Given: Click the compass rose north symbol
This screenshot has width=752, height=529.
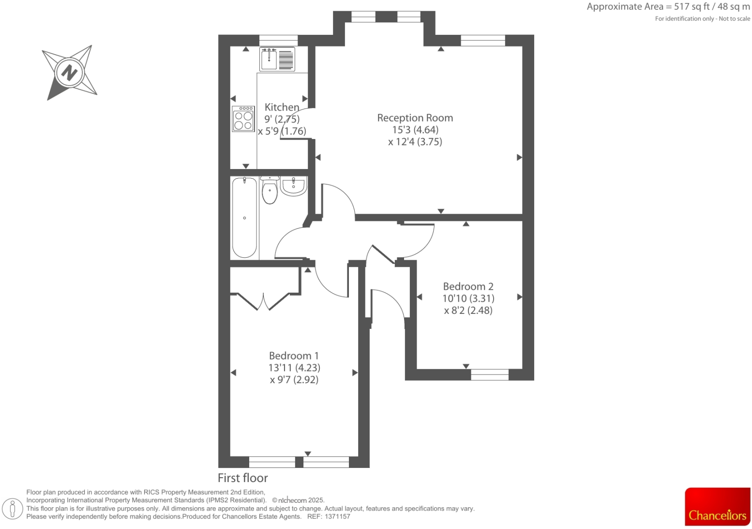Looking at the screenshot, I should click(x=70, y=73).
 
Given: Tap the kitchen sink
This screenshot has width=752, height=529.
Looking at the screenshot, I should click(x=277, y=59).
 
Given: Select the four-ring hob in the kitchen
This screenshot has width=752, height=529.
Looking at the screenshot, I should click(x=243, y=119).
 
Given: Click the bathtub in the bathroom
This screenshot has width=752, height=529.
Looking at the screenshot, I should click(x=244, y=218).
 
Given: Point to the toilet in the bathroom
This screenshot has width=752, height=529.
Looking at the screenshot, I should click(x=270, y=190).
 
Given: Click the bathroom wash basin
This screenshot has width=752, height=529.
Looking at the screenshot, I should click(x=293, y=186).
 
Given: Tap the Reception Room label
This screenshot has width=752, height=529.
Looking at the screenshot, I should click(x=415, y=118).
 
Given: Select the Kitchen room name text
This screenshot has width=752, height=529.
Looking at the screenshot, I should click(x=282, y=107).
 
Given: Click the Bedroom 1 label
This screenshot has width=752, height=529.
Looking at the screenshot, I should click(x=294, y=356).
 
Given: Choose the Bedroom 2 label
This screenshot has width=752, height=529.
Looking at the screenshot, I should click(x=468, y=286).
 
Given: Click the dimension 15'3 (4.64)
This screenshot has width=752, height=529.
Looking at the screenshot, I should click(x=415, y=130).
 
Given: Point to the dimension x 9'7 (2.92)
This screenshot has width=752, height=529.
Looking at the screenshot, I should click(x=294, y=380).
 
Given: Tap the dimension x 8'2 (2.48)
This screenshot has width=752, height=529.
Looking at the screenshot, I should click(x=468, y=311).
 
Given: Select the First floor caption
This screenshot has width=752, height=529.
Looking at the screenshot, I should click(x=242, y=478).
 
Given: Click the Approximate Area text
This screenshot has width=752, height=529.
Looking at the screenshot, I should click(x=668, y=7).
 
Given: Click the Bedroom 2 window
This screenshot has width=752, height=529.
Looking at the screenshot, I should click(x=490, y=374).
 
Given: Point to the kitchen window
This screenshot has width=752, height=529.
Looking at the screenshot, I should click(x=278, y=40).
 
